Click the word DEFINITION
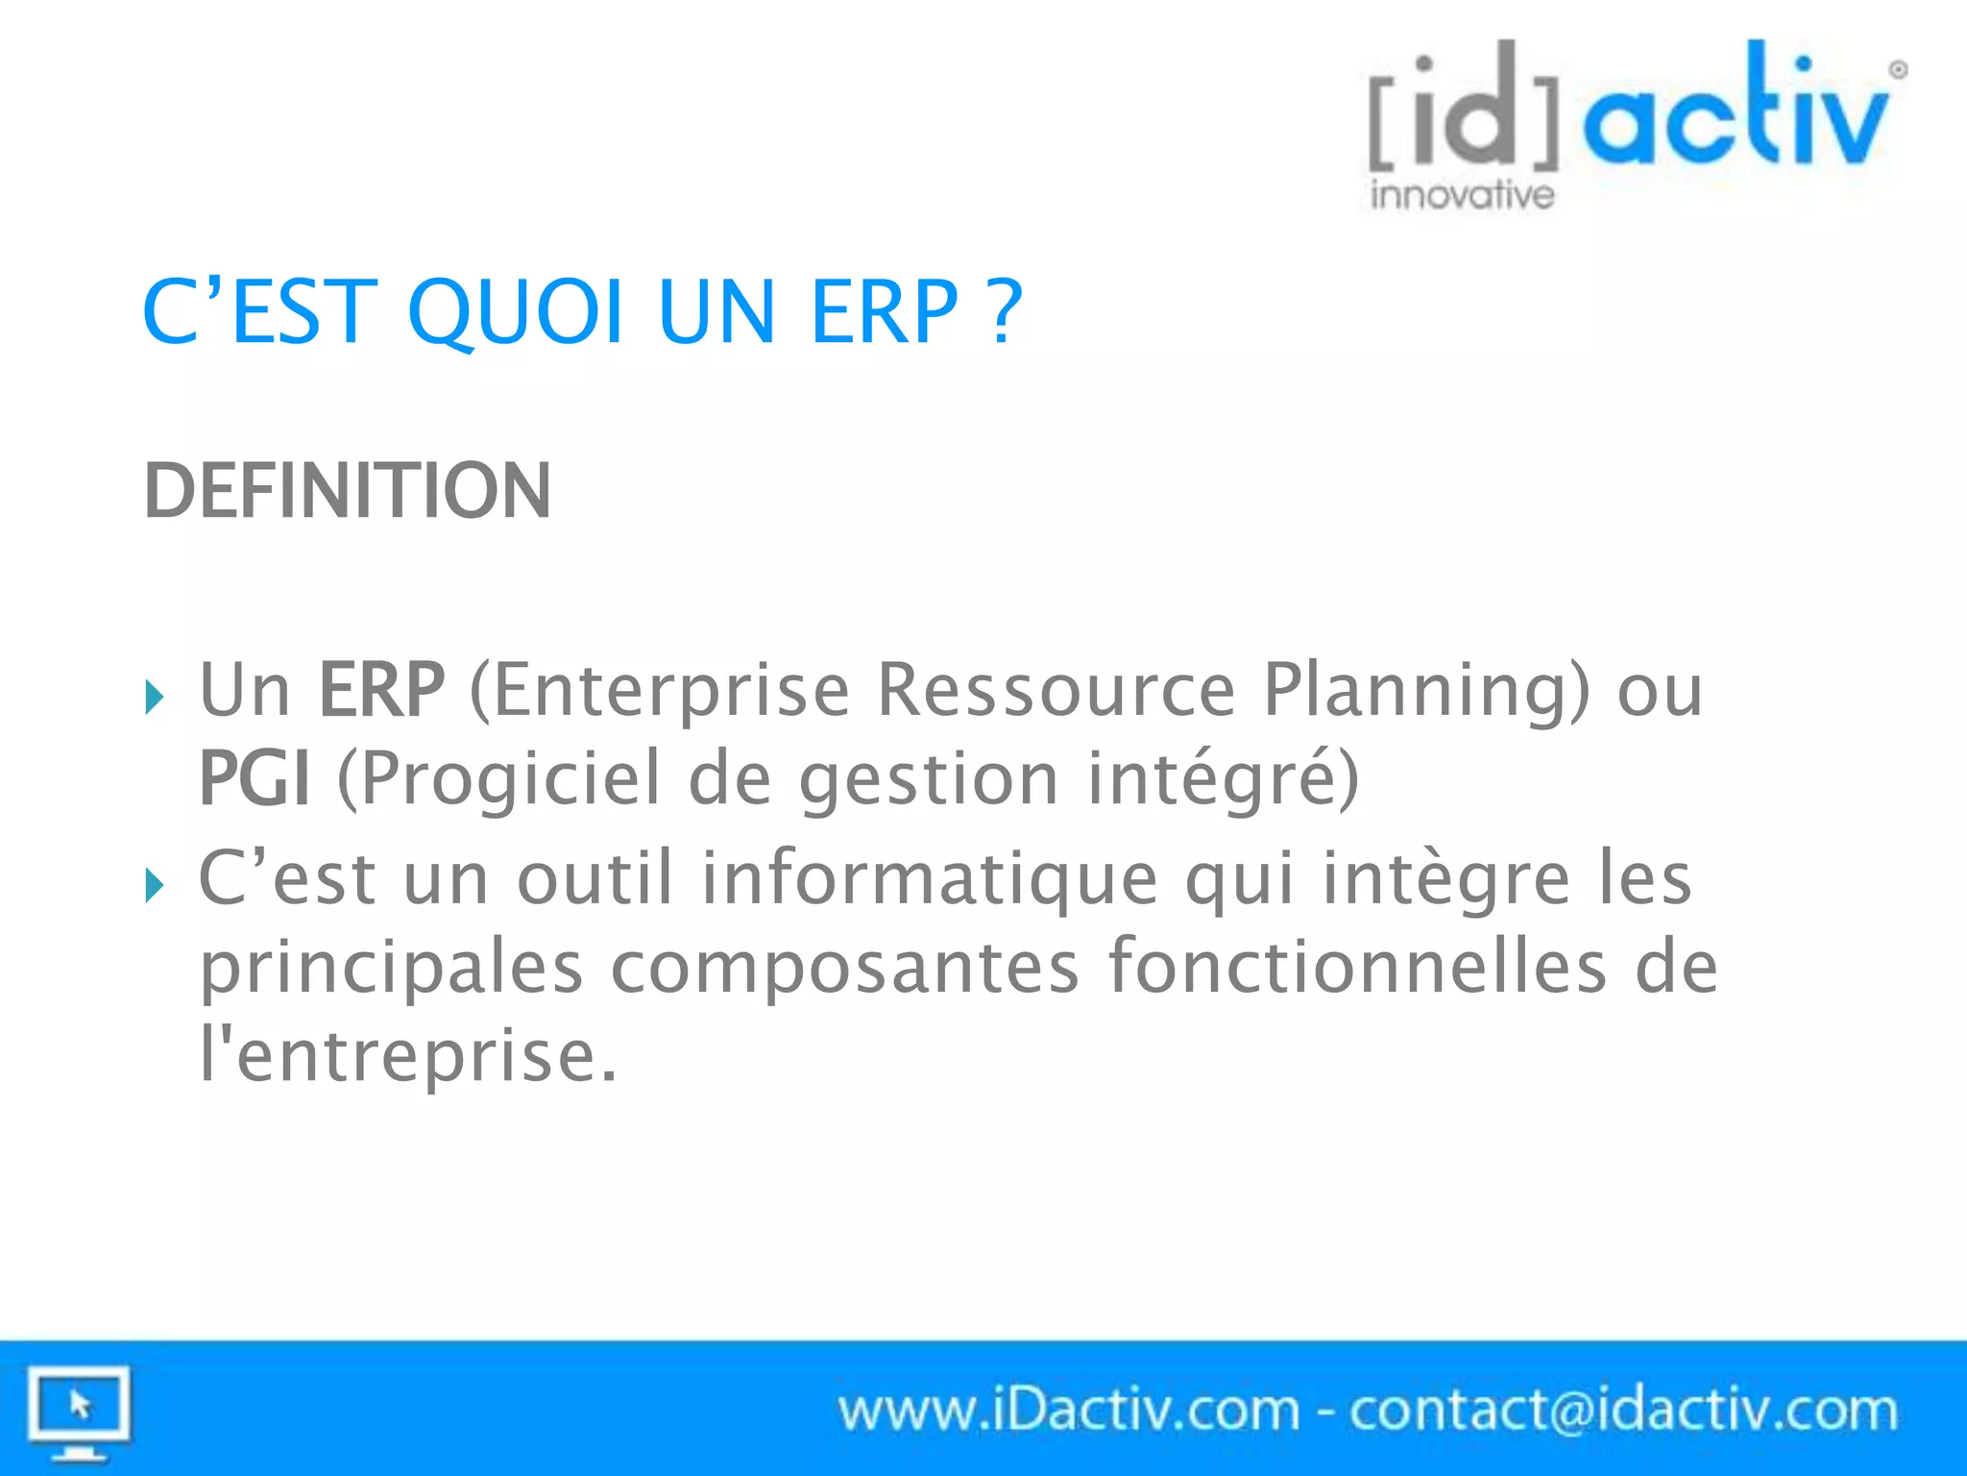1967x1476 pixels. [x=348, y=491]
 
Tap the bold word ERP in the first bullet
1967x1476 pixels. [x=381, y=690]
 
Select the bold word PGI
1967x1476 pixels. [x=255, y=778]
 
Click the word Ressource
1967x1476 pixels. [x=1056, y=690]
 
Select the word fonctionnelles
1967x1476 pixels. [x=1357, y=967]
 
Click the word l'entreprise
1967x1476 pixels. [x=408, y=1055]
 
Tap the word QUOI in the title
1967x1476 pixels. [x=517, y=312]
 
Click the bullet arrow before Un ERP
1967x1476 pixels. [x=154, y=696]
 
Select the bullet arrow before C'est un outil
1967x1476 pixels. [x=154, y=884]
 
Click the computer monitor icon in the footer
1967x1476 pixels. [x=79, y=1411]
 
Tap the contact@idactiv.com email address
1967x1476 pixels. [x=1623, y=1410]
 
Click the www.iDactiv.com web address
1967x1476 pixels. [x=1068, y=1410]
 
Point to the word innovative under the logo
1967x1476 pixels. [x=1462, y=194]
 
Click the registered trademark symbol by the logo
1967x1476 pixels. [x=1898, y=69]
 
